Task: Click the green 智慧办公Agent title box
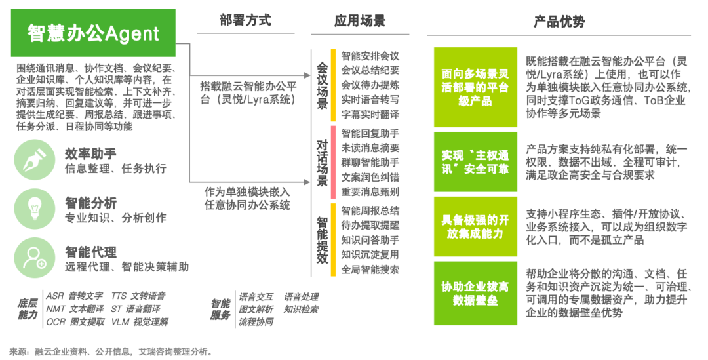click(x=93, y=33)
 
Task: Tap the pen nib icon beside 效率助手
click(x=35, y=161)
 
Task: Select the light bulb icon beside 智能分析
click(x=35, y=209)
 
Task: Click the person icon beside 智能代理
click(x=35, y=258)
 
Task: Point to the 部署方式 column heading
click(x=245, y=20)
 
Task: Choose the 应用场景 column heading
click(x=360, y=20)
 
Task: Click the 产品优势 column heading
click(x=559, y=21)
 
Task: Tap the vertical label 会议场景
click(x=322, y=86)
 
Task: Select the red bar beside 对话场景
click(x=333, y=162)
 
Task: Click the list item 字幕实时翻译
click(x=370, y=114)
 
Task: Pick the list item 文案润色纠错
click(x=370, y=177)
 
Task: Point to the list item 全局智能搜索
click(x=370, y=270)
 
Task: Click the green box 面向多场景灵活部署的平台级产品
click(x=475, y=87)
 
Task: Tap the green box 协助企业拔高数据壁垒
click(x=475, y=293)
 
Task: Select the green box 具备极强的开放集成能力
click(x=475, y=226)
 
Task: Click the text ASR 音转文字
click(x=75, y=296)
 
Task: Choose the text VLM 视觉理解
click(x=140, y=322)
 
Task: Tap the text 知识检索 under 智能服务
click(x=301, y=310)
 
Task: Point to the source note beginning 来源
click(x=111, y=351)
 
